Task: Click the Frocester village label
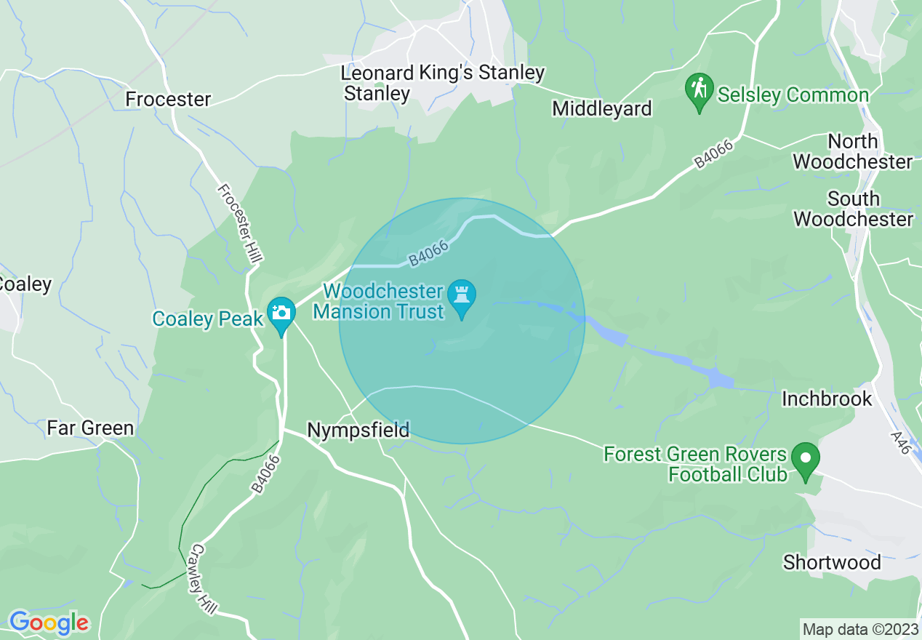(x=168, y=99)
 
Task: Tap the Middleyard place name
(x=602, y=109)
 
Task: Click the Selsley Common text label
(x=793, y=95)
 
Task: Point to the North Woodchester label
(x=852, y=151)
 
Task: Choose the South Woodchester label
(x=853, y=209)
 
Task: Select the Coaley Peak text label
(x=203, y=319)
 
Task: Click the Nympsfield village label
(x=358, y=431)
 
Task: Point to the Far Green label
(x=90, y=428)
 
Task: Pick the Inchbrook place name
(x=827, y=399)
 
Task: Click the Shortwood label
(x=832, y=562)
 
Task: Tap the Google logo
(x=49, y=623)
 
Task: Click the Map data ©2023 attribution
(x=859, y=629)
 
